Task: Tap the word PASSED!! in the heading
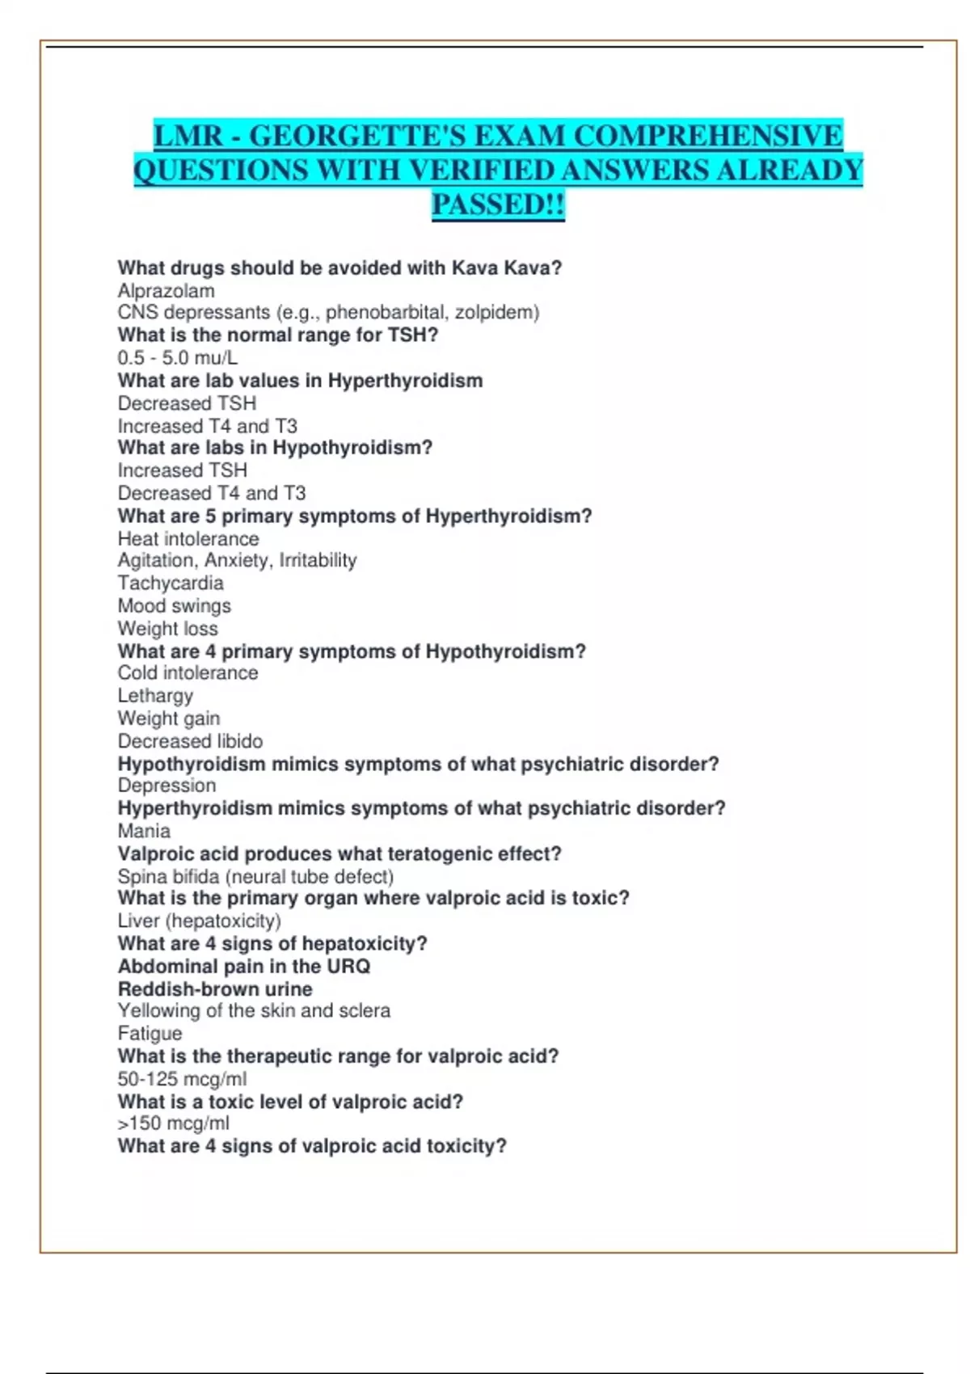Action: coord(498,204)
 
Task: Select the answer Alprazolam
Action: coord(167,291)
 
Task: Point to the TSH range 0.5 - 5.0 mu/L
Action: coord(178,358)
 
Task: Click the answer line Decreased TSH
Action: coord(187,403)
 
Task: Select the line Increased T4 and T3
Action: coord(208,426)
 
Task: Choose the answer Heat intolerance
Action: coord(188,539)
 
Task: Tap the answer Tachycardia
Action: coord(171,584)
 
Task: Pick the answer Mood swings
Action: coord(175,606)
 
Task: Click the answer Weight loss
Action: coord(168,629)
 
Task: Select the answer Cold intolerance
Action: coord(188,673)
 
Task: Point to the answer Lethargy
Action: coord(156,696)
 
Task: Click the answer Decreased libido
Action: coord(191,741)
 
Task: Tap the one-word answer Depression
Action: coord(167,786)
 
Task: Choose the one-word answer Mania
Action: coord(144,831)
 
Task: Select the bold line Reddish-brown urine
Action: coord(215,989)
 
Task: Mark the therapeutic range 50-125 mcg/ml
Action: coord(183,1079)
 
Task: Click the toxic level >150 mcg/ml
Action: coord(174,1123)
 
